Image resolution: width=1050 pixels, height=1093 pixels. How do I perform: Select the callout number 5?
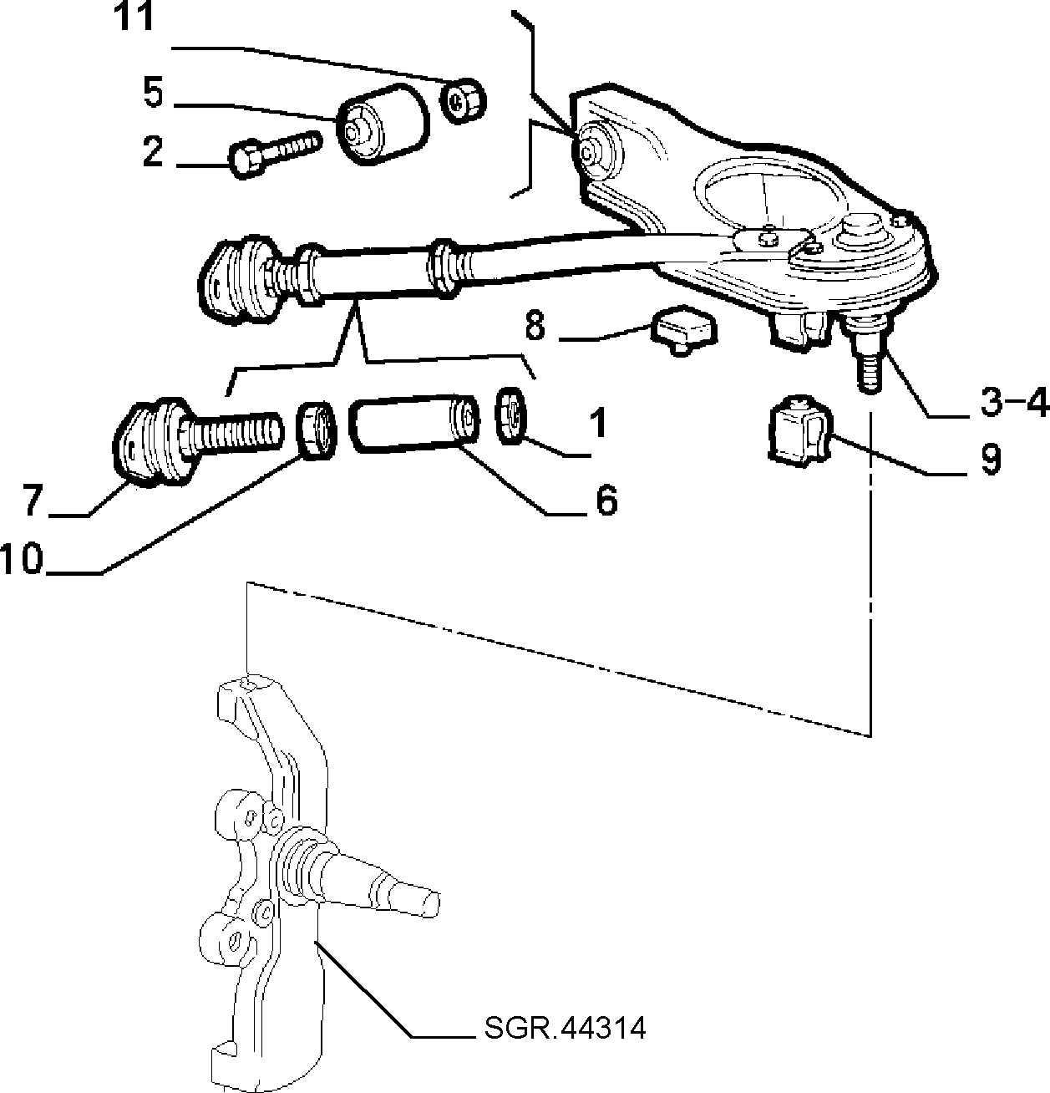(154, 93)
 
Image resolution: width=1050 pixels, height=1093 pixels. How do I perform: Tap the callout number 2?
(153, 150)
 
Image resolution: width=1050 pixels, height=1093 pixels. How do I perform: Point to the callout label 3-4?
(1014, 402)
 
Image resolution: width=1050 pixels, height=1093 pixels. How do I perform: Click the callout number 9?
(991, 459)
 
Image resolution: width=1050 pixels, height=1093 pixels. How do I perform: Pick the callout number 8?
(535, 325)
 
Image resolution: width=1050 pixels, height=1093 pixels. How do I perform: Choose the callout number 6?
(606, 500)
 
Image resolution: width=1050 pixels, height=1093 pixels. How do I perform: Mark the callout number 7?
(33, 501)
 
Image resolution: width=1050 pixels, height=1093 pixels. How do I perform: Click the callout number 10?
(23, 558)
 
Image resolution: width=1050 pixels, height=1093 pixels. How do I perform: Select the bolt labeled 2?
(275, 153)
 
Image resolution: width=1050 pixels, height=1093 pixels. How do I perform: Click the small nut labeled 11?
(464, 101)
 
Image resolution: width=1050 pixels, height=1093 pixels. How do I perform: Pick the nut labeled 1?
(510, 415)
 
